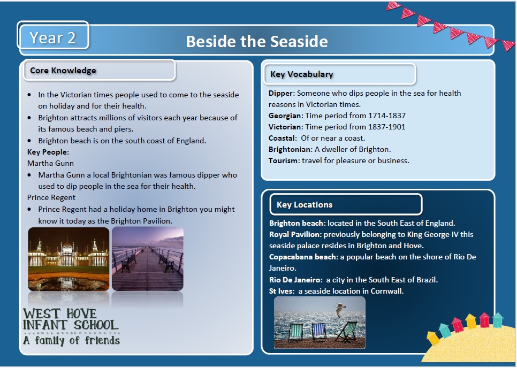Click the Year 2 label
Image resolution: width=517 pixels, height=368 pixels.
(53, 37)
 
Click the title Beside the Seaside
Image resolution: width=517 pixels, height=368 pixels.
(257, 42)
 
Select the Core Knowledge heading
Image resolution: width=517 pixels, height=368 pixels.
(63, 70)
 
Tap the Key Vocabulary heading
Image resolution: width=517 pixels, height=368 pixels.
(302, 74)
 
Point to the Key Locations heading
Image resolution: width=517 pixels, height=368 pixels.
(305, 204)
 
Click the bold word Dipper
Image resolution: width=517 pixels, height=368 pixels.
(280, 93)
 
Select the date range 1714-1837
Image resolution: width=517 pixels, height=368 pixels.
(387, 116)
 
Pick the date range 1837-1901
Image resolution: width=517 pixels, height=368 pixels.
(386, 127)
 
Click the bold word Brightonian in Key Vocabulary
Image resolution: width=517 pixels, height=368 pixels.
(290, 149)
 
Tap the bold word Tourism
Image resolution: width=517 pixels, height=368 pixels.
(283, 160)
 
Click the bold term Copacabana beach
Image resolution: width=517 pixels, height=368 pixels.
(303, 257)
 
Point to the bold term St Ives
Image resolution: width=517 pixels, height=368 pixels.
(281, 291)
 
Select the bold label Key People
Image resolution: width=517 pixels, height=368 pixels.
(47, 152)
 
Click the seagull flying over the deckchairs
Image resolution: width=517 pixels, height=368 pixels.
(340, 310)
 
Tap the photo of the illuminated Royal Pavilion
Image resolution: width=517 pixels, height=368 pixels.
(69, 259)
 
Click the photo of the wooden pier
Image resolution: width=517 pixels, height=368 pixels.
(147, 259)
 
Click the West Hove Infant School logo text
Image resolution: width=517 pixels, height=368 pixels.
(71, 326)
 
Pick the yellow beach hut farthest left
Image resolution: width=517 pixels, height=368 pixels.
(432, 338)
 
